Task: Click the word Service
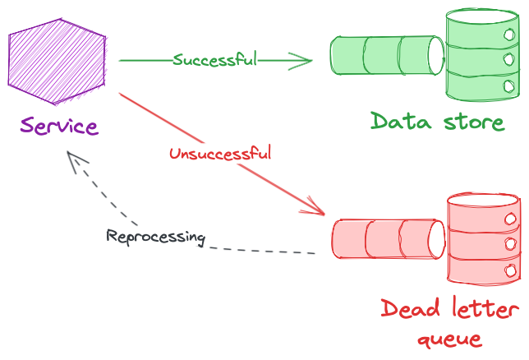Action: [59, 127]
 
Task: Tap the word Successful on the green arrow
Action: [215, 60]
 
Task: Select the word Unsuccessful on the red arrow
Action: [220, 153]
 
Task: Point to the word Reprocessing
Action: [155, 237]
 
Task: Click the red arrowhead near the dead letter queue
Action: [317, 208]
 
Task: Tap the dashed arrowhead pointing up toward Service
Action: [74, 159]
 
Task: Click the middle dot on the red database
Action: [509, 243]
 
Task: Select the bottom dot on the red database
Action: [509, 267]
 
